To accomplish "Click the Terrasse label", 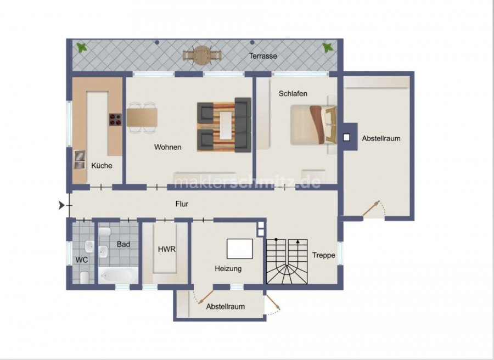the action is tap(263, 56).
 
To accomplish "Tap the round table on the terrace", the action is tap(202, 55).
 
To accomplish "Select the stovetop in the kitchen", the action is tap(115, 120).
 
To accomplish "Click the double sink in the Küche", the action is tap(80, 160).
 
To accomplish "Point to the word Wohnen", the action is tap(167, 147).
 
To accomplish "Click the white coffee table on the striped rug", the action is tap(226, 126).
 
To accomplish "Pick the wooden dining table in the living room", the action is tap(142, 117).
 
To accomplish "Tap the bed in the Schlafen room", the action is tap(313, 125).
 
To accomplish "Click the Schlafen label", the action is tap(293, 93).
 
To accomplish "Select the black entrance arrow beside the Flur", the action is tap(61, 205).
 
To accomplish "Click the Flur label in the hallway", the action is tap(182, 204).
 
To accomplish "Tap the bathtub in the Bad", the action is tap(118, 275).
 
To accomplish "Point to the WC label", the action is tap(82, 260).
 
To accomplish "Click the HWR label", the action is tap(167, 250).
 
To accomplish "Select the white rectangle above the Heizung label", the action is tap(240, 249).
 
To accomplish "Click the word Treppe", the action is tap(323, 255).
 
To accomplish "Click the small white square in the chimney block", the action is tap(346, 138).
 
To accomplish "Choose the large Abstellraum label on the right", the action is tap(381, 138).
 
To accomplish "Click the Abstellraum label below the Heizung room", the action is tap(226, 306).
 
